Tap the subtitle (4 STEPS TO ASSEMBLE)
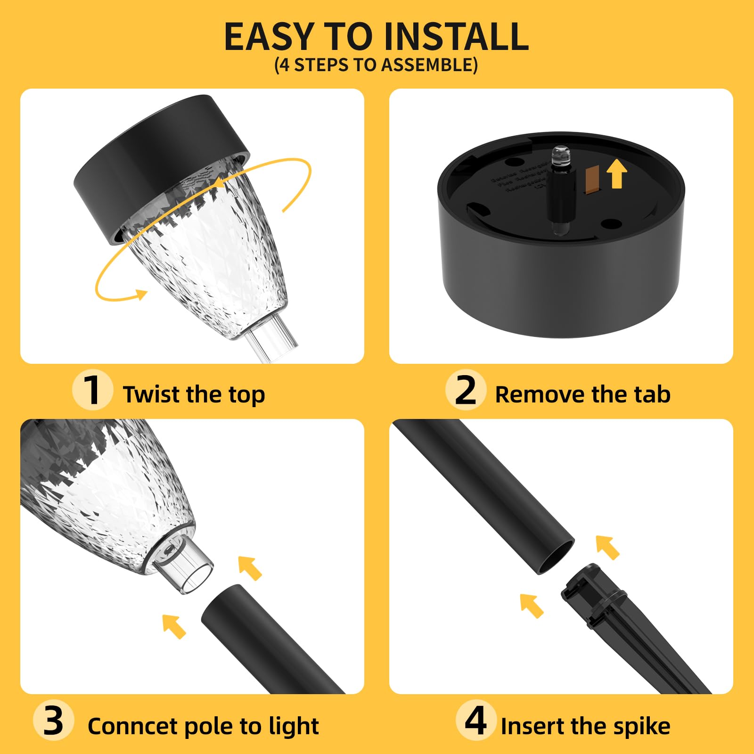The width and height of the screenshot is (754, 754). [376, 65]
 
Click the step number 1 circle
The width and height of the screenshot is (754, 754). [92, 390]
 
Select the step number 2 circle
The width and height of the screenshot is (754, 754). [466, 390]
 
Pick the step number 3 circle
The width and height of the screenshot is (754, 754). [53, 721]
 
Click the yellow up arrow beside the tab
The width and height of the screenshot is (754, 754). [616, 173]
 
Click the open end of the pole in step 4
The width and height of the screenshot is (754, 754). [556, 557]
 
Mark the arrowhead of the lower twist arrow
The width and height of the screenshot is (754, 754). [141, 295]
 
